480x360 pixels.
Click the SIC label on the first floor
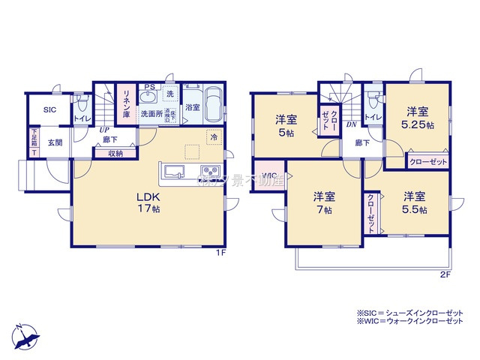(49, 109)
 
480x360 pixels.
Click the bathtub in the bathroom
(213, 105)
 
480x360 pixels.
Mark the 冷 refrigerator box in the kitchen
(214, 137)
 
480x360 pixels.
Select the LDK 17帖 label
(148, 203)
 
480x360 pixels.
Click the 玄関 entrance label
(55, 142)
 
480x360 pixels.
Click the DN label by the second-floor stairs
(350, 125)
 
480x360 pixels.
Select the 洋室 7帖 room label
(324, 202)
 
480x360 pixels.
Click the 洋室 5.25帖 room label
(418, 118)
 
